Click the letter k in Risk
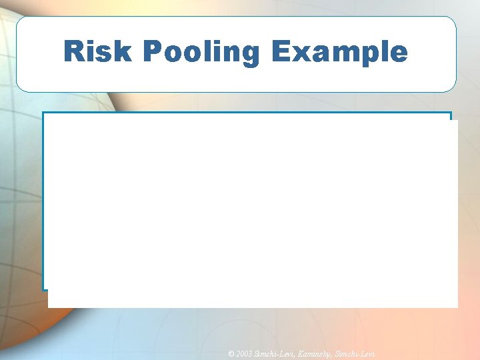pyautogui.click(x=117, y=51)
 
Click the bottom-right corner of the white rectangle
pyautogui.click(x=457, y=307)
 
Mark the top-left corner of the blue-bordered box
pyautogui.click(x=43, y=113)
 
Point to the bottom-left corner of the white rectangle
pyautogui.click(x=49, y=307)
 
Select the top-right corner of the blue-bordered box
pyautogui.click(x=451, y=113)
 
